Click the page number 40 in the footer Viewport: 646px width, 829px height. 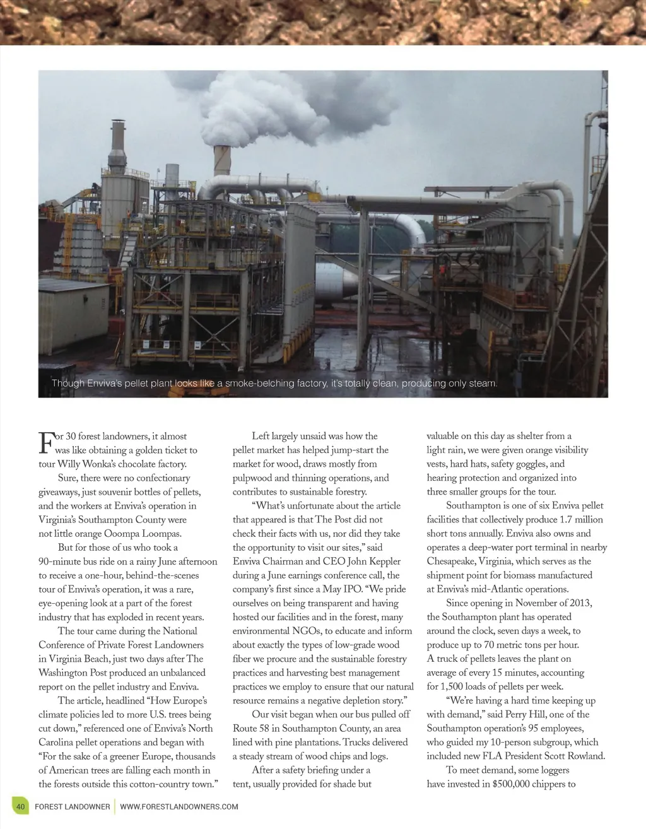20,806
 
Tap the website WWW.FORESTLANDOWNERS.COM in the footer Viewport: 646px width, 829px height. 179,806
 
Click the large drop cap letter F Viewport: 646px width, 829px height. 45,442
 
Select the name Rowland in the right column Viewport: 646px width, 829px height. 584,756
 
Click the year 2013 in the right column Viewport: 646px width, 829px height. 580,603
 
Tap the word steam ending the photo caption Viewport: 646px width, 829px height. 483,384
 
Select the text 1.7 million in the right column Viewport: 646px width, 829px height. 581,520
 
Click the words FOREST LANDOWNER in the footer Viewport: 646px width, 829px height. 72,806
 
